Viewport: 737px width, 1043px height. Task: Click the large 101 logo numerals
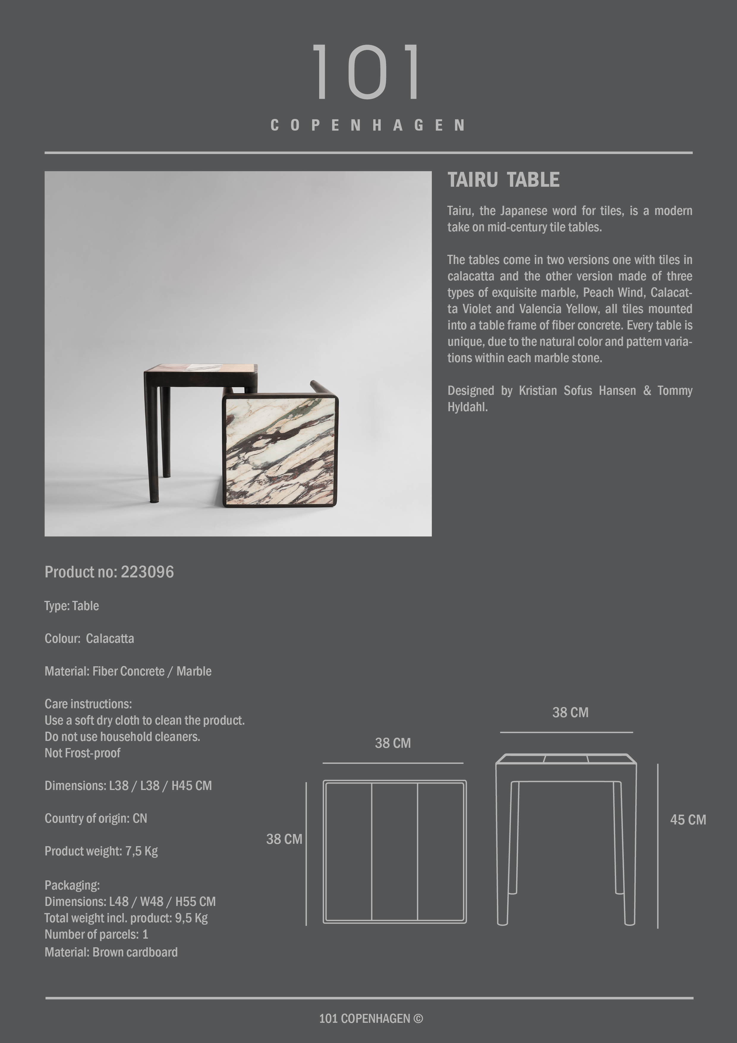tap(367, 72)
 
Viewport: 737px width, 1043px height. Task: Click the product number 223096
tap(147, 572)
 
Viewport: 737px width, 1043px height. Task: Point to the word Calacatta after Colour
tap(110, 639)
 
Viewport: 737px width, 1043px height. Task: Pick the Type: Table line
tap(71, 606)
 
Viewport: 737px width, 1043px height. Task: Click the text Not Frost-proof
tap(82, 753)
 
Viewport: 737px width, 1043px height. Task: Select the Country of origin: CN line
tap(95, 819)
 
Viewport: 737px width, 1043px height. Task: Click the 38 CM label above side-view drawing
tap(570, 713)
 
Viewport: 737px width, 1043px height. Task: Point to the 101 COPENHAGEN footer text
tap(371, 1019)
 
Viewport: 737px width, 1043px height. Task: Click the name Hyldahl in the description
tap(467, 407)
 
